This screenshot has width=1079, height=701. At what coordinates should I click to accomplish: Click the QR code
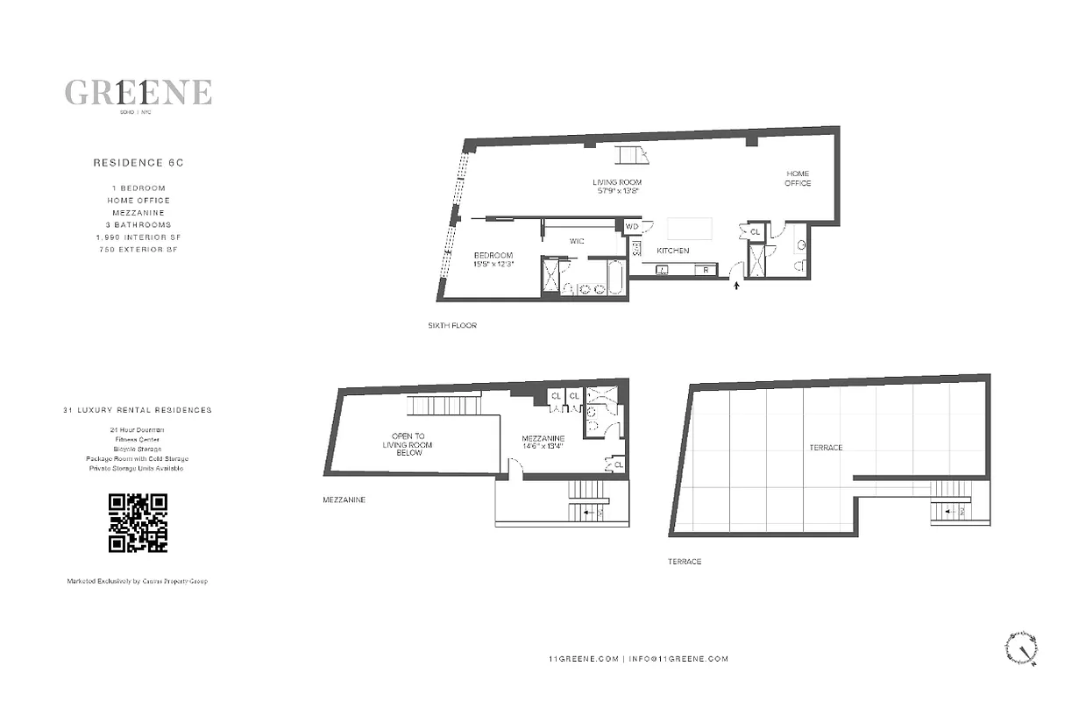(138, 523)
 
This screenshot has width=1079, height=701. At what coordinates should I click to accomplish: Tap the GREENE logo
(138, 92)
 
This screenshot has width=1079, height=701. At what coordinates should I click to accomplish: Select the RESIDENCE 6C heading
(138, 163)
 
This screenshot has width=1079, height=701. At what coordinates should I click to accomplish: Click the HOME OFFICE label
(798, 179)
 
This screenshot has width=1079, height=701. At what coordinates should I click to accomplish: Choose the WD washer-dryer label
(633, 226)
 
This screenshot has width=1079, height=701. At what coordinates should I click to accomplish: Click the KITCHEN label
(673, 251)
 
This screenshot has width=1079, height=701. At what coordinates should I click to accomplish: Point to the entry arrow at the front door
(736, 285)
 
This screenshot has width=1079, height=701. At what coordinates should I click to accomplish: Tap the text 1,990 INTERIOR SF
(138, 237)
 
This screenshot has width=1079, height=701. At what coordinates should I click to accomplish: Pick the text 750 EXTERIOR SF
(138, 250)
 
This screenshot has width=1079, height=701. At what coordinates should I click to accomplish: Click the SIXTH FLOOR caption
(451, 325)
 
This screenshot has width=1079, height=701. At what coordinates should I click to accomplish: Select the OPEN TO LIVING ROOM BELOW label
(408, 444)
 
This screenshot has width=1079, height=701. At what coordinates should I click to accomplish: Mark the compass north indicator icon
(1020, 648)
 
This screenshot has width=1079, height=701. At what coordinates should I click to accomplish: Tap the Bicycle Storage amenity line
(138, 449)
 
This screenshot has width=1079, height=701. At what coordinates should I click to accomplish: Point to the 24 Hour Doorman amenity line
(138, 429)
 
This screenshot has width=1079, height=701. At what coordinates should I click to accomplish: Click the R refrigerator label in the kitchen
(706, 271)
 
